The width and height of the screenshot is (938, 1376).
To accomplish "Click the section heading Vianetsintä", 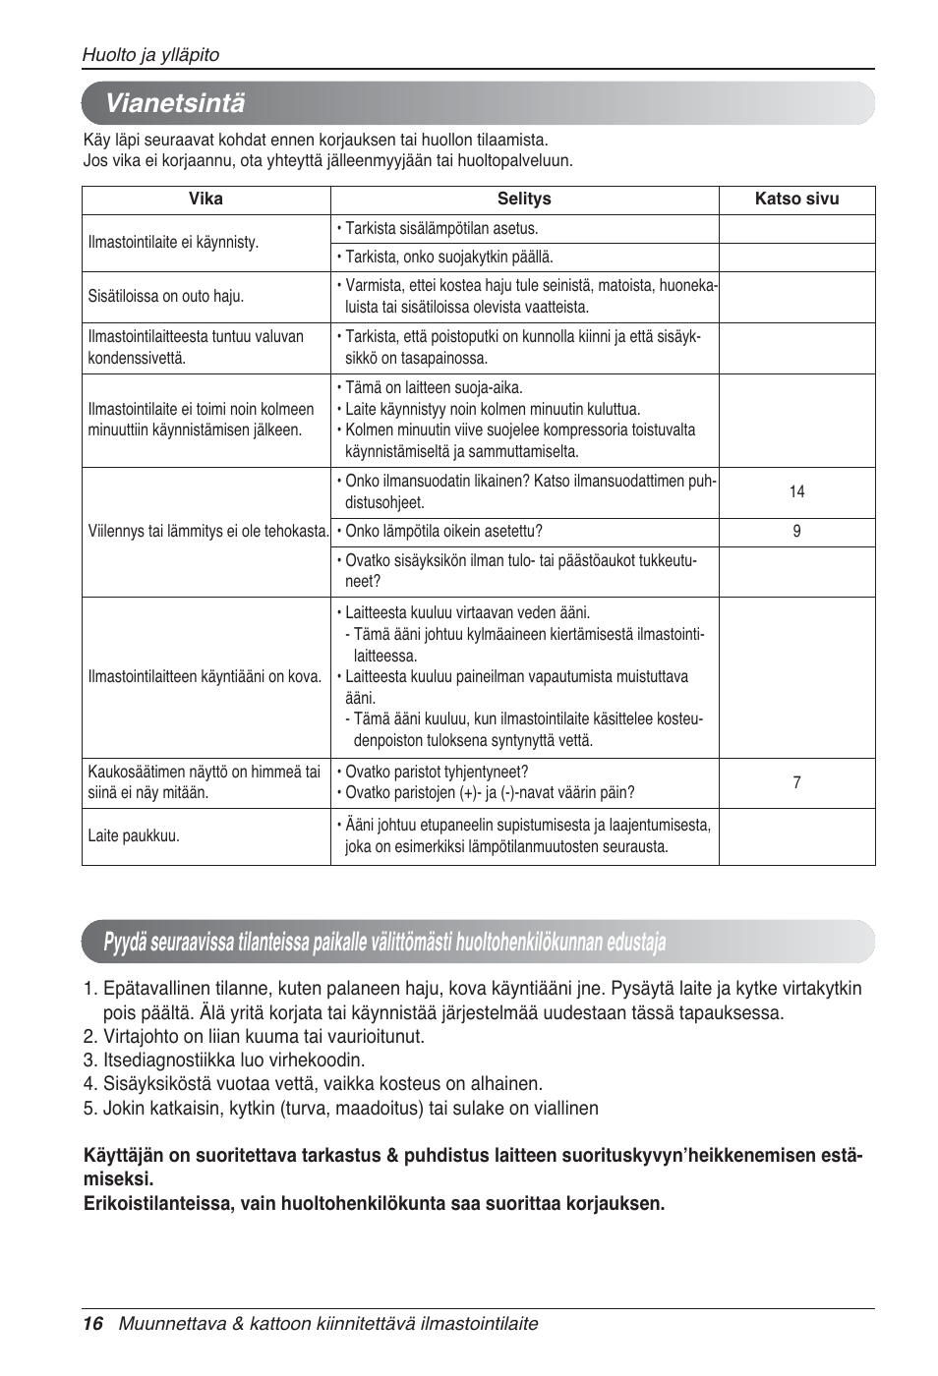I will pyautogui.click(x=175, y=103).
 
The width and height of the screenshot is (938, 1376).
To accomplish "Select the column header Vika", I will pyautogui.click(x=205, y=199).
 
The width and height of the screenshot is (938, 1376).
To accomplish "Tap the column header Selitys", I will pyautogui.click(x=524, y=199).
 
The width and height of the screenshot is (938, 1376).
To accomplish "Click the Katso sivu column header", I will pyautogui.click(x=796, y=199).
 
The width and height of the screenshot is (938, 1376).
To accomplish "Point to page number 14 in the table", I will pyautogui.click(x=796, y=491).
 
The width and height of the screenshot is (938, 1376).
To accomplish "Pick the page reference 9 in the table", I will pyautogui.click(x=796, y=532).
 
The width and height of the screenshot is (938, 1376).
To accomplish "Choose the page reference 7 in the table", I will pyautogui.click(x=796, y=782).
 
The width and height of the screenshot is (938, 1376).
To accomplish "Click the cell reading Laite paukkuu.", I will pyautogui.click(x=134, y=836).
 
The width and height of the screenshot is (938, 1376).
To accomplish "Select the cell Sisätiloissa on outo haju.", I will pyautogui.click(x=166, y=296).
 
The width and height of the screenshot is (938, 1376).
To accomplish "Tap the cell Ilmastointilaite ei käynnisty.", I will pyautogui.click(x=174, y=242).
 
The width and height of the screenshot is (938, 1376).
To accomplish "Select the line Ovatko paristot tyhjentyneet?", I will pyautogui.click(x=437, y=772).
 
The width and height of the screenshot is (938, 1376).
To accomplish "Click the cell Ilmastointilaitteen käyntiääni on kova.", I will pyautogui.click(x=205, y=676).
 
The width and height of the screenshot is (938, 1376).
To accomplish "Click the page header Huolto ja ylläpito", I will pyautogui.click(x=150, y=55).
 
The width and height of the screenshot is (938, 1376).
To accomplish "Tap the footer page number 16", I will pyautogui.click(x=92, y=1323).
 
